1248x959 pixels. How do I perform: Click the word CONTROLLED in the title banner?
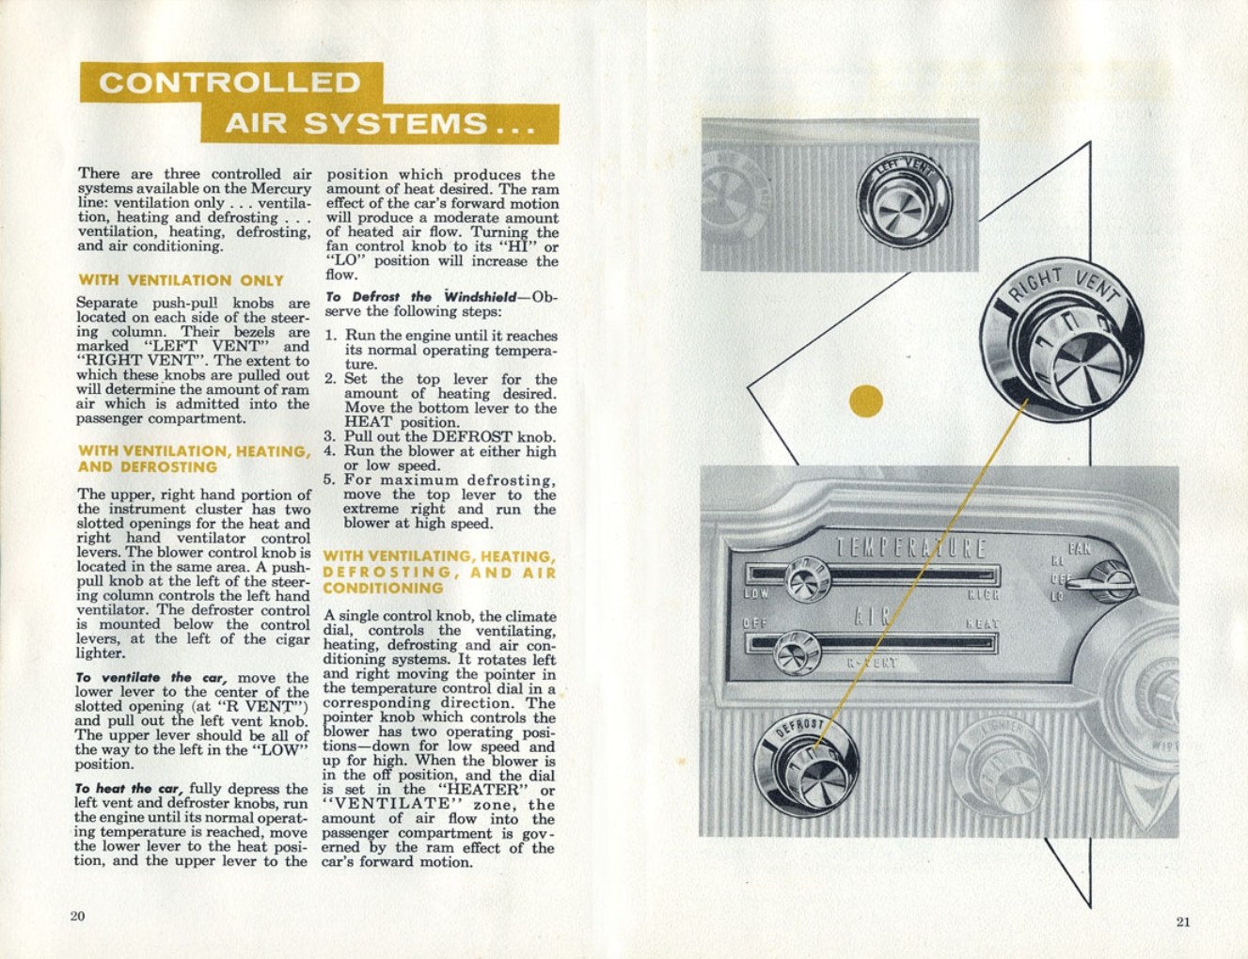(229, 83)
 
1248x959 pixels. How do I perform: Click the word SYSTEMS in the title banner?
(396, 123)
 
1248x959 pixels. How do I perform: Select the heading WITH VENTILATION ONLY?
(181, 280)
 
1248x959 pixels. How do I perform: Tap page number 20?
(77, 916)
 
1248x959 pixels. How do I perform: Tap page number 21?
(1183, 921)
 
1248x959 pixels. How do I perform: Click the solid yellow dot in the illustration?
(866, 401)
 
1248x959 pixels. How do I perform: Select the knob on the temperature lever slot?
(806, 579)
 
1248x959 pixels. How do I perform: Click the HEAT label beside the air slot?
(982, 623)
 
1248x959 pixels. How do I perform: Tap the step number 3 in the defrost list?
(330, 437)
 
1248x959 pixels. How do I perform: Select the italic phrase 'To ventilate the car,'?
(152, 678)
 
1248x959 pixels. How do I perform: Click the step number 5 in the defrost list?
(330, 480)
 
